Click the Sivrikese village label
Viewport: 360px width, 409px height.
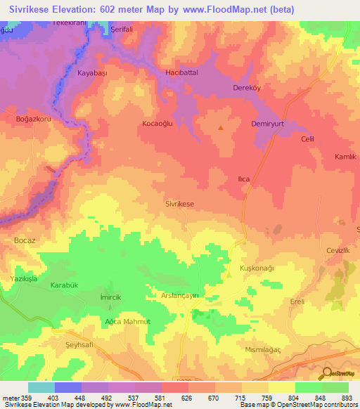[179, 203]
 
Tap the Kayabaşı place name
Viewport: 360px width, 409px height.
[91, 72]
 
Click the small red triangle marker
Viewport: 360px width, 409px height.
[221, 128]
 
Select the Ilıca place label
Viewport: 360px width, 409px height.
[243, 179]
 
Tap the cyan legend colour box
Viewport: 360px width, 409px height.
[41, 387]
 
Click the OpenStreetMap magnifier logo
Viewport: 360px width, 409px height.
[326, 372]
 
